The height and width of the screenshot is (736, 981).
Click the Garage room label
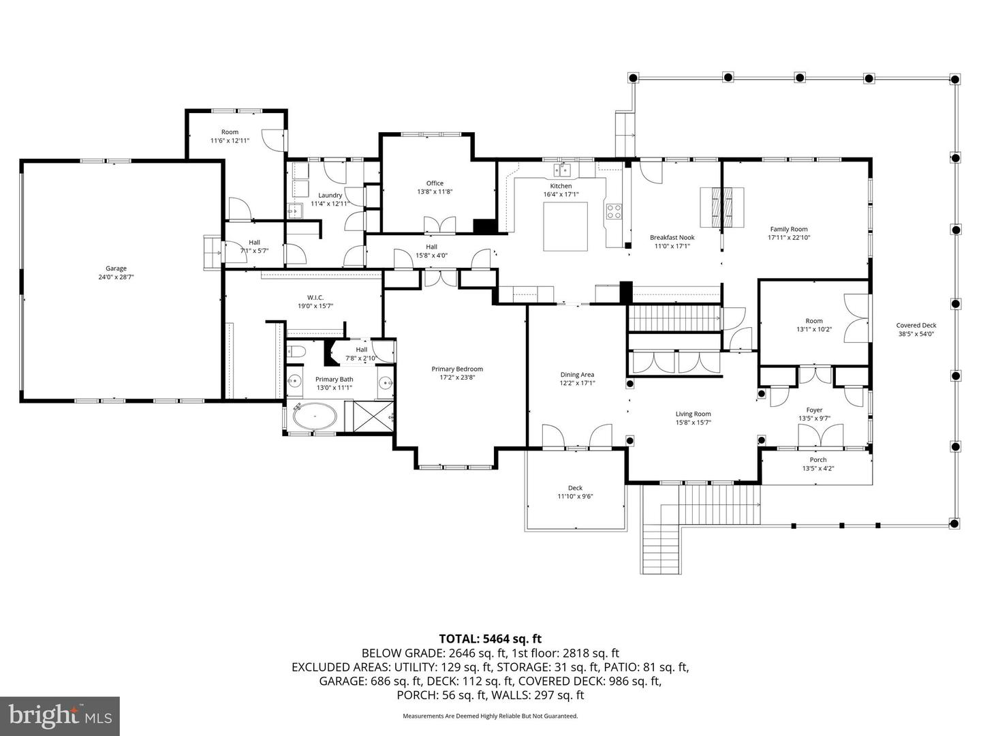click(x=116, y=269)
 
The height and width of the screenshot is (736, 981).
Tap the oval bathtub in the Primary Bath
click(x=314, y=416)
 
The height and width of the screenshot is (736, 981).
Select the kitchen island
click(x=565, y=226)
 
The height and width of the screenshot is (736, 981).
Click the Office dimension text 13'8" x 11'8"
click(x=435, y=192)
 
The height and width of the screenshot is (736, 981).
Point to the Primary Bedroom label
click(x=457, y=369)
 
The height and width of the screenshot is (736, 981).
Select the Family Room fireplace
click(x=721, y=206)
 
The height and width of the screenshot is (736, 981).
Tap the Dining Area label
click(x=577, y=375)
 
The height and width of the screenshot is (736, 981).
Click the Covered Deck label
click(x=916, y=326)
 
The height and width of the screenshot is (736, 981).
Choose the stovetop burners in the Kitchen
click(x=614, y=211)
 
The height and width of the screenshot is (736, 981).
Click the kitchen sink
click(x=563, y=169)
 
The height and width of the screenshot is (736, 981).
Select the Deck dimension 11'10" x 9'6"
click(x=575, y=497)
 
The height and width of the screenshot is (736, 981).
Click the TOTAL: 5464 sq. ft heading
click(x=490, y=639)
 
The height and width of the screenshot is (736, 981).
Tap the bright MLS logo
click(x=60, y=716)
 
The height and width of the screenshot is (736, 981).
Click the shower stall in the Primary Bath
click(x=369, y=415)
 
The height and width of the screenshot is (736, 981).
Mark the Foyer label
click(x=814, y=411)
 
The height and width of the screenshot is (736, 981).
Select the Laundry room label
click(x=330, y=196)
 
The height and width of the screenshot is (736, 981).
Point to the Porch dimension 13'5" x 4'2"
click(x=817, y=469)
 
